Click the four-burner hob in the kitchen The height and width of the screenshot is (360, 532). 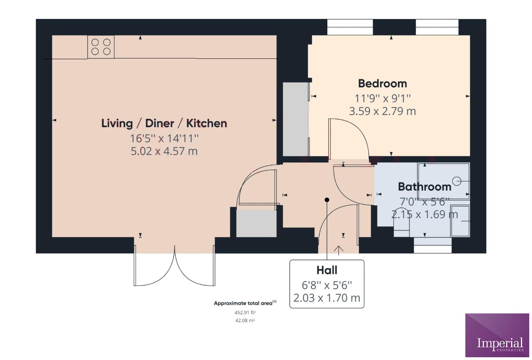101,47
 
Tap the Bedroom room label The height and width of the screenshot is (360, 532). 382,84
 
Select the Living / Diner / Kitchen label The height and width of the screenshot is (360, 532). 164,123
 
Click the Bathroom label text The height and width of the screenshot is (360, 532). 424,187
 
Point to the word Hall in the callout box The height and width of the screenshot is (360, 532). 327,270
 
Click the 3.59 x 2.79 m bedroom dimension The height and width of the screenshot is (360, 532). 382,111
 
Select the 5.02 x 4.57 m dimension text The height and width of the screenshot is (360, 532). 164,151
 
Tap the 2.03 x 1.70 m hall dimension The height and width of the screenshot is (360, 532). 327,298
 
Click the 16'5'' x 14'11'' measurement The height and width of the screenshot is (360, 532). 164,138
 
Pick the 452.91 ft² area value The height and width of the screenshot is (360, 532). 245,312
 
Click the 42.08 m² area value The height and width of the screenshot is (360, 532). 245,321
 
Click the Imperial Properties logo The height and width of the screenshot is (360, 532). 497,335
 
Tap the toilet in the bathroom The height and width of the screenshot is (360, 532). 401,227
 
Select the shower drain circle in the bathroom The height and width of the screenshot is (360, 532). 457,181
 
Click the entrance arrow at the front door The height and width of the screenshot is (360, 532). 338,249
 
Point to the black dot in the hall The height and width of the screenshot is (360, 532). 327,200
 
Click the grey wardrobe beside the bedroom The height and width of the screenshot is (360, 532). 295,119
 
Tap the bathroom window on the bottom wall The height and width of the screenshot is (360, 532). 432,245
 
